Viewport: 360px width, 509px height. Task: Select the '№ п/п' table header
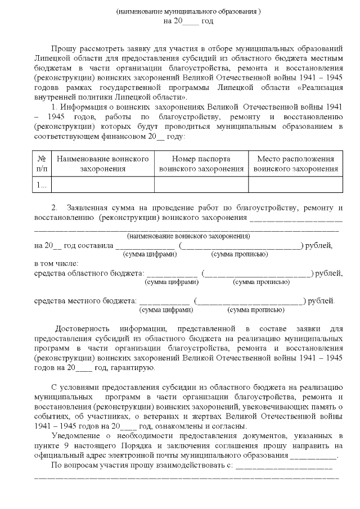[x=42, y=164]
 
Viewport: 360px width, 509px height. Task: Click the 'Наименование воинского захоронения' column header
[x=103, y=164]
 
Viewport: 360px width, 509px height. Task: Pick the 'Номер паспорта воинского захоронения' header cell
[x=201, y=164]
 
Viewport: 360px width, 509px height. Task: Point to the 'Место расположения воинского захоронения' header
[x=295, y=164]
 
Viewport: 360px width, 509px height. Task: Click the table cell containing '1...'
[x=42, y=184]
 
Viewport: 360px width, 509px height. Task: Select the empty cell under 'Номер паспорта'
[x=201, y=184]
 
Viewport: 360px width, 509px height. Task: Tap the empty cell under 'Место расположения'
[x=295, y=184]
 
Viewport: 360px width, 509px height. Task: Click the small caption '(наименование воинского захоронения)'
[x=188, y=236]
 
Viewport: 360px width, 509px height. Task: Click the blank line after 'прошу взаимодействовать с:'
[x=284, y=467]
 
